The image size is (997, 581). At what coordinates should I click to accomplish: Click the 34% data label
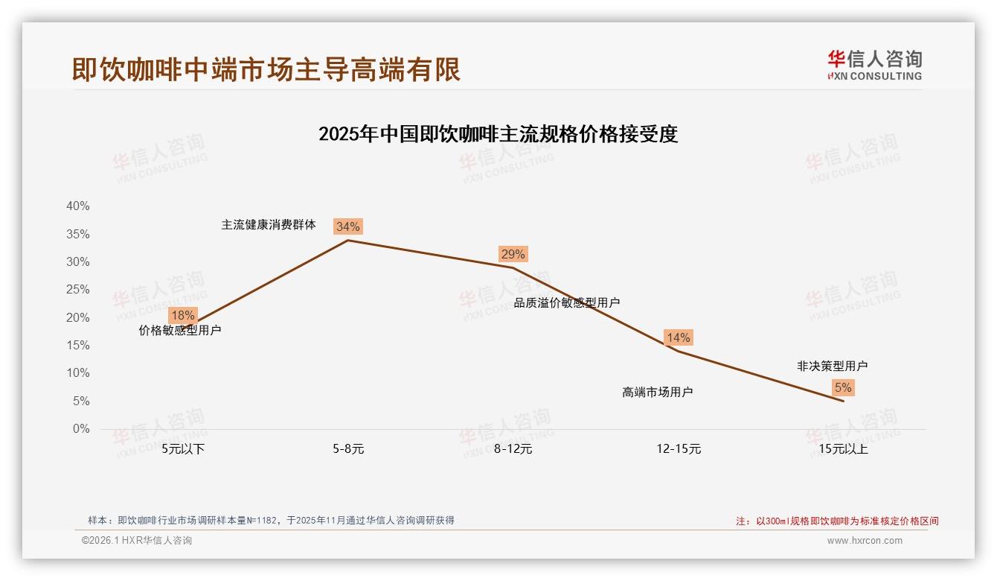tap(347, 226)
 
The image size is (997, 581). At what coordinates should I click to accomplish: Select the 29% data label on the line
tap(513, 254)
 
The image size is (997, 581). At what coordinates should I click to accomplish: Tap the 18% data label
tap(182, 315)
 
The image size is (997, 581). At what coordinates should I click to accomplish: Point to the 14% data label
tap(678, 337)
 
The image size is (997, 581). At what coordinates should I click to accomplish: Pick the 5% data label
tap(843, 387)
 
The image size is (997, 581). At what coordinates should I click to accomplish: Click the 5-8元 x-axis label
tap(348, 449)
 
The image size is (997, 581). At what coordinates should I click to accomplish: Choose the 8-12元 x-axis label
tap(513, 449)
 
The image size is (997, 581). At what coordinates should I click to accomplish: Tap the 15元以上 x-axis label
tap(843, 449)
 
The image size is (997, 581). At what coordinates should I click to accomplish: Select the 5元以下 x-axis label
tap(183, 449)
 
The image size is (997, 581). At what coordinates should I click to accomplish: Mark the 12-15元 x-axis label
tap(679, 449)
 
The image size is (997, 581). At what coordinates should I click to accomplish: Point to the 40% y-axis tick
tap(77, 206)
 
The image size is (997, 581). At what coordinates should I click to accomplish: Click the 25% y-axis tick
tap(77, 290)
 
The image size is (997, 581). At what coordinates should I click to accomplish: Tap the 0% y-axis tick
tap(80, 429)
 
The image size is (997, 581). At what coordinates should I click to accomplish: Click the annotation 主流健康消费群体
tap(269, 224)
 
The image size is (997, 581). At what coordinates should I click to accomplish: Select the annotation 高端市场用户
tap(657, 392)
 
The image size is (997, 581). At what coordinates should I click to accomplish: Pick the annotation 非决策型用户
tap(832, 366)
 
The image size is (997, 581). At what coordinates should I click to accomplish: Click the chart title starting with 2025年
tap(498, 135)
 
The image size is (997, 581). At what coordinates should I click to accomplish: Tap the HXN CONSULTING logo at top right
tap(874, 66)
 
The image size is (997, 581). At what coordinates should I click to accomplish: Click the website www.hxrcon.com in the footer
tap(864, 541)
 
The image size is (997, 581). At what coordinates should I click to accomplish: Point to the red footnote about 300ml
tap(837, 521)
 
